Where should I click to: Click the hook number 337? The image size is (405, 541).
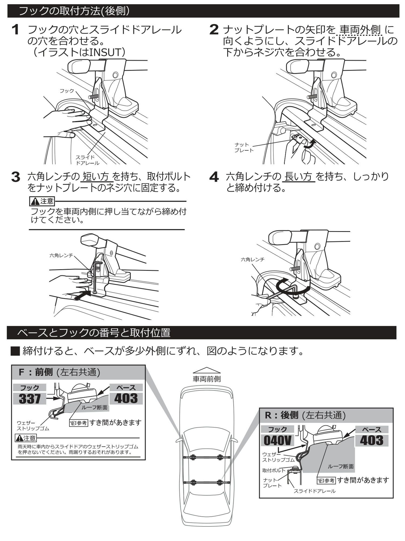point(30,398)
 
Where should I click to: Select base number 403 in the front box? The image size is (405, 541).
point(126,398)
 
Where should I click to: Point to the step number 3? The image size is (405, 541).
point(16,177)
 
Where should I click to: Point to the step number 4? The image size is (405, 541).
point(214,177)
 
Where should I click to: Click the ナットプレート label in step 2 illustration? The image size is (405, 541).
point(244,148)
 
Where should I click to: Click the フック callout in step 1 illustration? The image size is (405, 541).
point(67,91)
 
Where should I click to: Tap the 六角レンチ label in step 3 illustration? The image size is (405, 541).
point(61,255)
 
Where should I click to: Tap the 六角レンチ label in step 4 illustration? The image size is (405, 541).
point(252,259)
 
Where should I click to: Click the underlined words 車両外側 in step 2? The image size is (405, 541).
point(360,29)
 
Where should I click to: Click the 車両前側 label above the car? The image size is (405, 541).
point(207,379)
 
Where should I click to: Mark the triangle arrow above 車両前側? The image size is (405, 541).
point(207,370)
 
